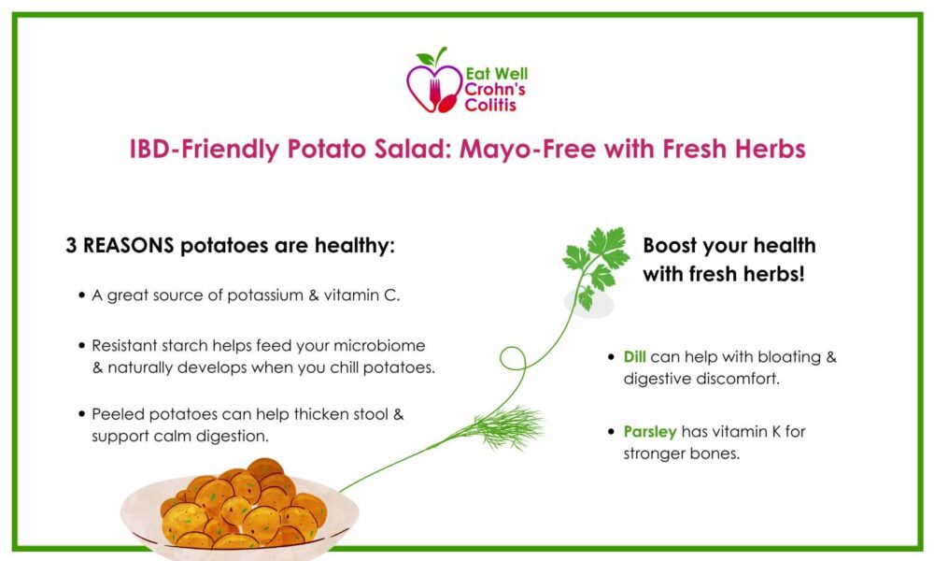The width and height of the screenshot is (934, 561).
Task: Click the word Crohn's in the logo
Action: tap(494, 90)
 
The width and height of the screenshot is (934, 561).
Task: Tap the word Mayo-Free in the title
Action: tap(527, 149)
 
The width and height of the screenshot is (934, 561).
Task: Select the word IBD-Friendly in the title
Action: tap(204, 149)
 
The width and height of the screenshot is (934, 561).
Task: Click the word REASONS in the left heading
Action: tap(129, 246)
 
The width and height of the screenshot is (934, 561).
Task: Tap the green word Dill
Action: tap(634, 356)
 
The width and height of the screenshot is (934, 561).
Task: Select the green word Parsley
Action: tap(650, 432)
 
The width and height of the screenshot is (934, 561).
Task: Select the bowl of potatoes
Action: tap(240, 510)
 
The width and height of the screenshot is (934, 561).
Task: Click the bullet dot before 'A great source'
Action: tap(81, 295)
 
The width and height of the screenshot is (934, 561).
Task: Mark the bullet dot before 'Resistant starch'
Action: tap(81, 346)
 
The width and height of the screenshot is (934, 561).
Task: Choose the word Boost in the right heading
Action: tap(671, 246)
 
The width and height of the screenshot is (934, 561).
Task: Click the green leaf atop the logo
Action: tap(426, 58)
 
